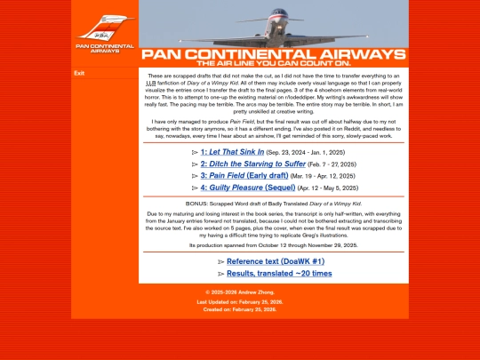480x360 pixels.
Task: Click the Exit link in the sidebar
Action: [x=79, y=74]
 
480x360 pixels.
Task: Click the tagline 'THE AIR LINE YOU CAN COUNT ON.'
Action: [x=274, y=63]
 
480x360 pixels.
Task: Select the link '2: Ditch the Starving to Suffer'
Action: [x=253, y=164]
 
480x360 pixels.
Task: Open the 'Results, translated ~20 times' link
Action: [x=279, y=273]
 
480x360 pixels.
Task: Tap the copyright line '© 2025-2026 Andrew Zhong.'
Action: [x=240, y=292]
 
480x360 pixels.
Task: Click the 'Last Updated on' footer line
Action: [x=240, y=302]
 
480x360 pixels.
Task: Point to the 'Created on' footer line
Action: [x=240, y=309]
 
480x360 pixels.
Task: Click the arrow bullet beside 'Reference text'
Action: [x=220, y=261]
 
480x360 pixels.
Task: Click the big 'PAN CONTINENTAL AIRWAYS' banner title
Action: [x=274, y=53]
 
